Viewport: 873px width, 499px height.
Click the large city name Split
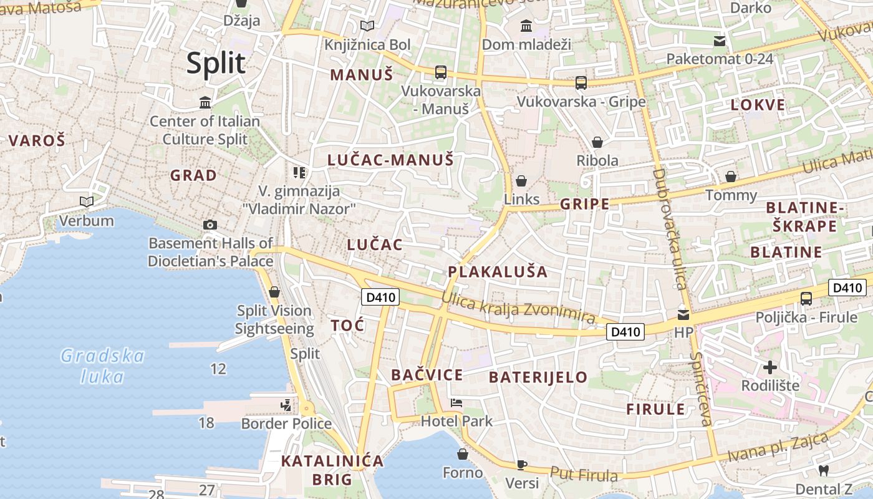pos(216,64)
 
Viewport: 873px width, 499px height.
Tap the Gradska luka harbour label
pos(103,366)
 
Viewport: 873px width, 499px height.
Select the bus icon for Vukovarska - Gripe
pos(581,82)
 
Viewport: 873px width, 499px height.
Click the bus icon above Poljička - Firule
pos(806,298)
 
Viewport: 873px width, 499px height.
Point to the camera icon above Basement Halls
pos(210,225)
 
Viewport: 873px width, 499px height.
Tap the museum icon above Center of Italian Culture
pos(205,102)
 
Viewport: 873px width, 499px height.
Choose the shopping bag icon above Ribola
pos(597,142)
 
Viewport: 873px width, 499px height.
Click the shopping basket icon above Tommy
pos(731,177)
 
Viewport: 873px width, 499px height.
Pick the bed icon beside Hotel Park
pos(456,403)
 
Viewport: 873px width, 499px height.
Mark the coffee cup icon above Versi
pos(522,465)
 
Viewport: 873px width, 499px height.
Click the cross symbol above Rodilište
pos(770,367)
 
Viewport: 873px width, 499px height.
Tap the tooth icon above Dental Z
pos(823,471)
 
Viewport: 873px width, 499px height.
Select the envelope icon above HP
pos(683,315)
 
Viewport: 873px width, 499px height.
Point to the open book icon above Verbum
pos(86,202)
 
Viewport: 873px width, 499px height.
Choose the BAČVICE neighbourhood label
pos(427,375)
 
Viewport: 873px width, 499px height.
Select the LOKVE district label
pos(758,105)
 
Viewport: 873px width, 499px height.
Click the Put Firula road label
pos(584,475)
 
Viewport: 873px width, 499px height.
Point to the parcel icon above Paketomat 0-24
pos(720,41)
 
